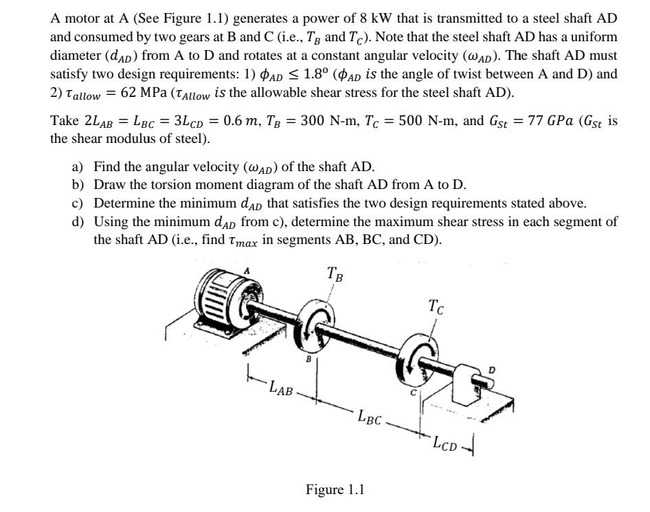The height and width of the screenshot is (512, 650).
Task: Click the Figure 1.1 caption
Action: click(x=335, y=489)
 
